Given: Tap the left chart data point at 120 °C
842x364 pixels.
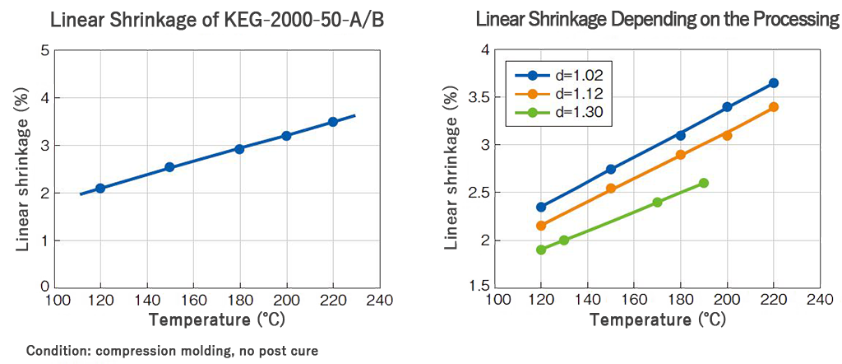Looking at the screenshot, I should (100, 188).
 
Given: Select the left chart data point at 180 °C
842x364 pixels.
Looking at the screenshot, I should (239, 149).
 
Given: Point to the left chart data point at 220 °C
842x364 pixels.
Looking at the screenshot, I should (333, 122).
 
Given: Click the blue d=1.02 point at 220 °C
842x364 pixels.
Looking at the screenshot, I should (773, 83).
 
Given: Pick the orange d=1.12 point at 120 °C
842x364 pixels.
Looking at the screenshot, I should (541, 226).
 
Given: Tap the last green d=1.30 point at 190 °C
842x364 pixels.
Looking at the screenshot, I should (703, 183).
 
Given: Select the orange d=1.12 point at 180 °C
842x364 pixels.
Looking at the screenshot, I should (680, 155).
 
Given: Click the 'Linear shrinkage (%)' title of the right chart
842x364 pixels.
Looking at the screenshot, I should (451, 169).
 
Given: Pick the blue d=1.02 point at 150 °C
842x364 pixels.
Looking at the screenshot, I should (611, 169).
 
